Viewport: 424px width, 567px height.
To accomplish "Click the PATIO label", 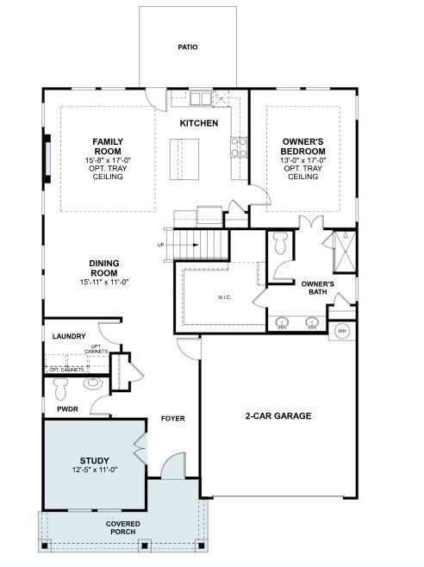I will (x=188, y=47).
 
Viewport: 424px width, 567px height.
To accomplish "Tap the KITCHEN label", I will (x=199, y=123).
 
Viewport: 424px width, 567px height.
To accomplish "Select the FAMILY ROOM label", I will (x=108, y=146).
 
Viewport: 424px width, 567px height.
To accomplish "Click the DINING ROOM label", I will (x=103, y=268).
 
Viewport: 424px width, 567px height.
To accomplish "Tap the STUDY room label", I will (x=94, y=460).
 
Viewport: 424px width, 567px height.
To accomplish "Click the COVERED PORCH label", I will (x=122, y=528).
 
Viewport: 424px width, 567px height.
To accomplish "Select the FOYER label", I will (x=172, y=419).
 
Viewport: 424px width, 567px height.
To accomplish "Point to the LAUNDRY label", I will (x=68, y=336).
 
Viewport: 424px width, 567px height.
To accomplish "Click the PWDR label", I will (x=67, y=409).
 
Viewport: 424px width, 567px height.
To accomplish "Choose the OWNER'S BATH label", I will (x=317, y=288).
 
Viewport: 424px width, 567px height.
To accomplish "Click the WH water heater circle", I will (x=341, y=331).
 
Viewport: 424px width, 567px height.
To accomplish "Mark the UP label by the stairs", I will (x=161, y=245).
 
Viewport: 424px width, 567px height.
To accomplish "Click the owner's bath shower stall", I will (x=343, y=251).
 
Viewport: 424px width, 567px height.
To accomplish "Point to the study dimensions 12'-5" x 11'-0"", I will (x=94, y=470).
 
